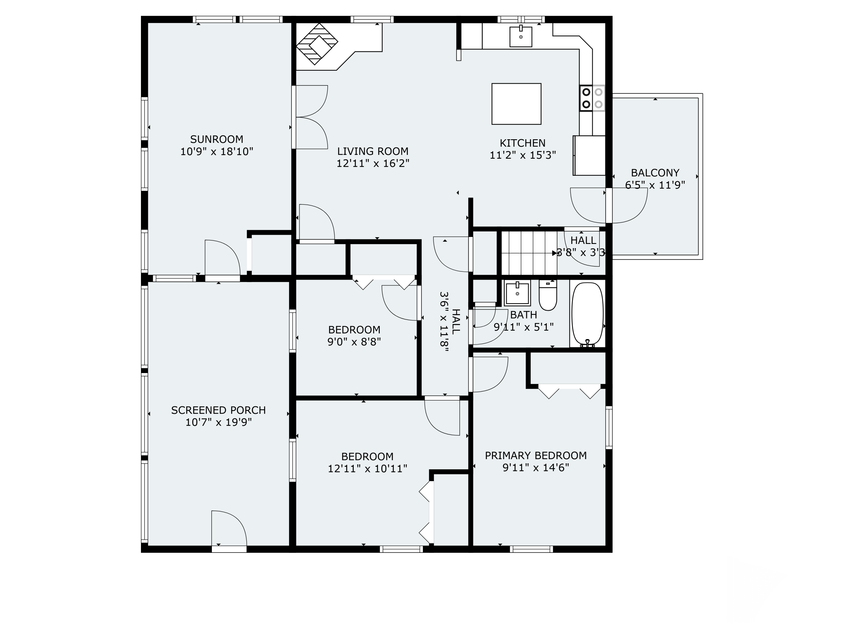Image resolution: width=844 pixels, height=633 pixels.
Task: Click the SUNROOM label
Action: click(x=216, y=139)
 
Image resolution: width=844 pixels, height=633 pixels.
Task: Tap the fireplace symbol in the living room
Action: click(x=317, y=44)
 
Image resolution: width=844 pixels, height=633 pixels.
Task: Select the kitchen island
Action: click(x=516, y=104)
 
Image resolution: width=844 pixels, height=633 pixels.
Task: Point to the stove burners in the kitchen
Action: click(x=592, y=98)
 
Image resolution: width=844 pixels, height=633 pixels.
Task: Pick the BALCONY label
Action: click(x=655, y=173)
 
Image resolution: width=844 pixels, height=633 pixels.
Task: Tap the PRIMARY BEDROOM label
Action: click(x=536, y=455)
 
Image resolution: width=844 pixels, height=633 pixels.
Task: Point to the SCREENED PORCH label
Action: click(x=218, y=410)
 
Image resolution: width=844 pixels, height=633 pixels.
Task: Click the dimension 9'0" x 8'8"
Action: click(x=354, y=342)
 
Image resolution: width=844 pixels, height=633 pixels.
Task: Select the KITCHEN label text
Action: click(x=523, y=143)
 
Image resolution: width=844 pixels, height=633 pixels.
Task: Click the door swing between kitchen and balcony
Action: click(x=609, y=206)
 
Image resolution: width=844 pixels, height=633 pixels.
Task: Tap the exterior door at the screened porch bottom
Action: click(x=229, y=531)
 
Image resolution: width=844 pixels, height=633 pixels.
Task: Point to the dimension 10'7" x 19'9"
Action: click(x=219, y=422)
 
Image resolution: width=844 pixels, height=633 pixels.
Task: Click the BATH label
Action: click(x=524, y=315)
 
